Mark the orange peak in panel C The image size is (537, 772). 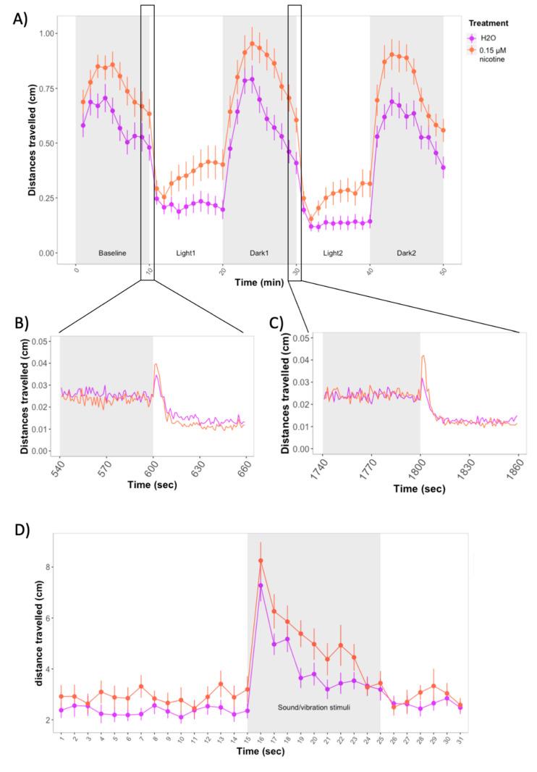click(423, 356)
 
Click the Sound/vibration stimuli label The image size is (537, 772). click(313, 706)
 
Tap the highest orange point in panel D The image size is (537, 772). click(261, 561)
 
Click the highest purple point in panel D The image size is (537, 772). click(261, 585)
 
